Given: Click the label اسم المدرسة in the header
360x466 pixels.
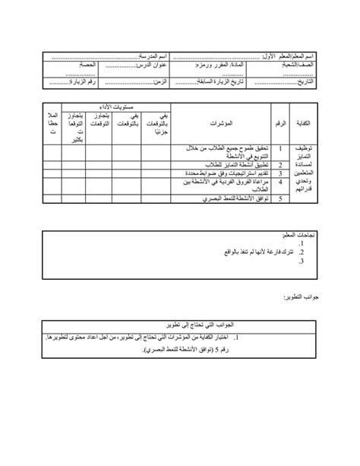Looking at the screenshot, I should click(x=155, y=58).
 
